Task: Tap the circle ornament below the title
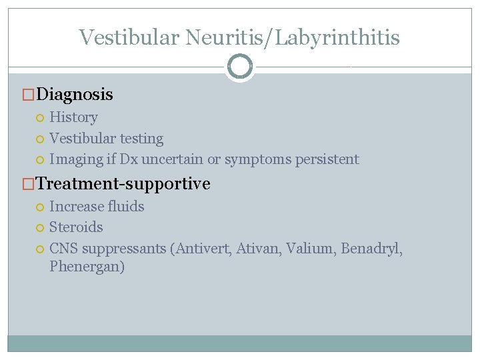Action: click(240, 67)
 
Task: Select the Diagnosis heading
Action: click(75, 95)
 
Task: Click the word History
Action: click(73, 117)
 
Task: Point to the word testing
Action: click(139, 139)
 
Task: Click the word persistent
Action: click(327, 159)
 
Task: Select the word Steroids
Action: click(76, 227)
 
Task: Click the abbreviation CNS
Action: click(63, 249)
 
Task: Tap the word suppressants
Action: click(123, 249)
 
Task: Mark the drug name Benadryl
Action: click(371, 249)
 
